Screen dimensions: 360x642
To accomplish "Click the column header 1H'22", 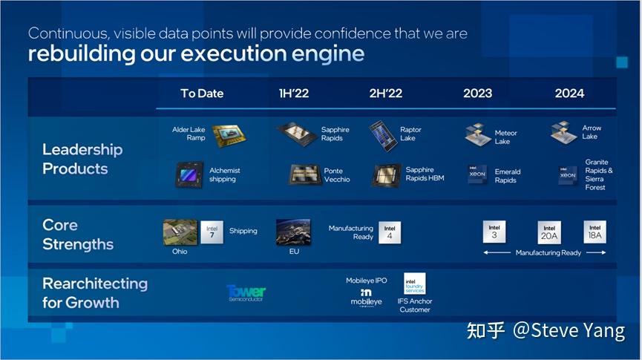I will [x=293, y=94].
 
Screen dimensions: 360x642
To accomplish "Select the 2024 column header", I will [x=569, y=94].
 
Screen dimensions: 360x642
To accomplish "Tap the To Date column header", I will [x=201, y=94].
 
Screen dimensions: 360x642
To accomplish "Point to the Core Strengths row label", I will [x=78, y=235].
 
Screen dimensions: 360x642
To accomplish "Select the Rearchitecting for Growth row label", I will [x=94, y=292].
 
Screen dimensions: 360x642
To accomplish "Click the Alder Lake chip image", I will [x=226, y=134].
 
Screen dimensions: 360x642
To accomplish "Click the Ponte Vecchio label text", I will [x=336, y=175].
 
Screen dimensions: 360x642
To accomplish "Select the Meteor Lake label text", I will [x=505, y=137].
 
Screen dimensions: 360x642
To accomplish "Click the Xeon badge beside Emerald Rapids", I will [x=477, y=175].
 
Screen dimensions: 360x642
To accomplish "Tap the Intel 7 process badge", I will [x=212, y=232].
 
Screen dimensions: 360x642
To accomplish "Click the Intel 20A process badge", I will [x=549, y=232].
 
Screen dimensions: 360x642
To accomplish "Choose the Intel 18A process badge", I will [x=594, y=232].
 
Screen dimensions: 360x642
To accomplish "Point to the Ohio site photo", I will [x=179, y=232].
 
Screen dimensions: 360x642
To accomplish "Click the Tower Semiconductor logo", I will [x=246, y=292].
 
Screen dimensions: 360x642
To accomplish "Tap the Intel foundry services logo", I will [x=414, y=284].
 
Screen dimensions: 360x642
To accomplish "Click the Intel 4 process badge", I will [x=390, y=232].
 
